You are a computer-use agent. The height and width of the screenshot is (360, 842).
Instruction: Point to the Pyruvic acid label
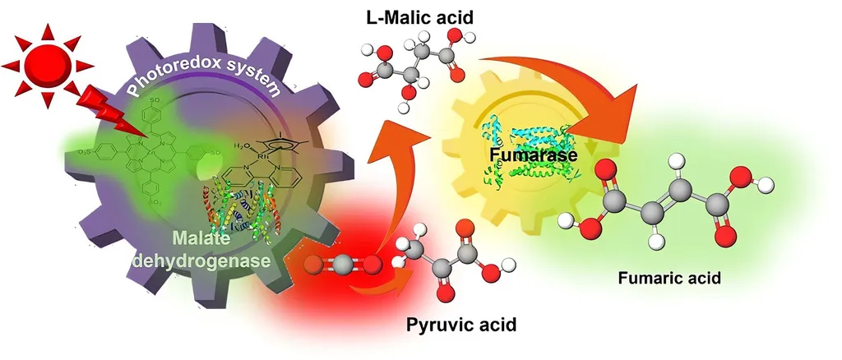coord(461,324)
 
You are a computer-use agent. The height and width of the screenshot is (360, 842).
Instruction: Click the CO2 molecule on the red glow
coord(342,265)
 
